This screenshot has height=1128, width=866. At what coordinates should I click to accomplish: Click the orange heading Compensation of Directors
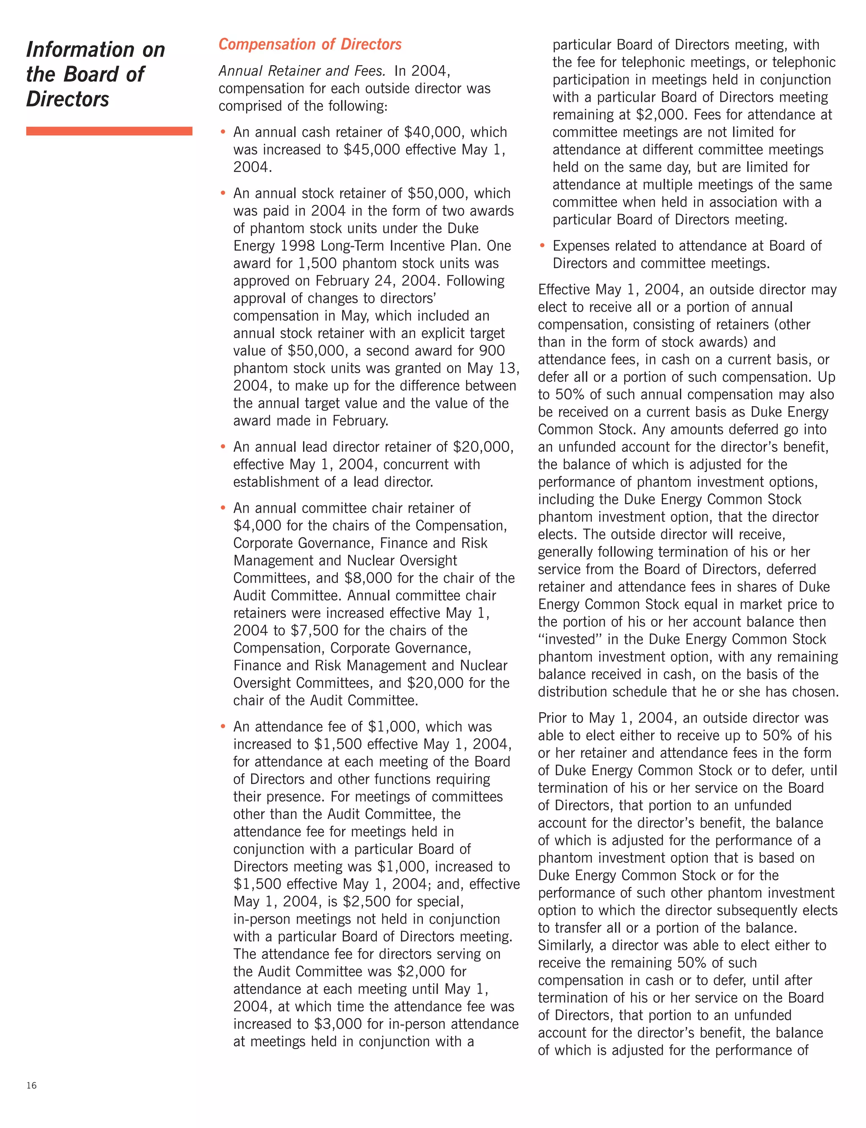pos(310,45)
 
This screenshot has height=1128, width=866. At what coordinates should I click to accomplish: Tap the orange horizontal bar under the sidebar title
pos(109,131)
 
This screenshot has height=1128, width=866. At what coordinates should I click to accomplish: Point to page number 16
pos(31,1085)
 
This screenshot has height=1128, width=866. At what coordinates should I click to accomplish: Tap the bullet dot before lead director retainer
pos(223,447)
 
